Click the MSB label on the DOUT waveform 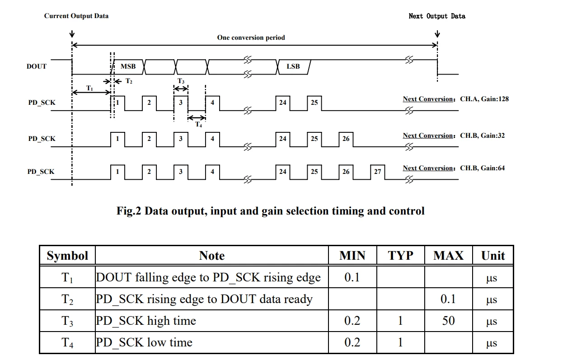[x=128, y=66]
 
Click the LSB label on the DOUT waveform [x=293, y=66]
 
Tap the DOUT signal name [x=37, y=66]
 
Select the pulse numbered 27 [x=377, y=172]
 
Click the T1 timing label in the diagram [x=89, y=88]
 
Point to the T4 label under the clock [x=199, y=124]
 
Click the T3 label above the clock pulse [x=181, y=81]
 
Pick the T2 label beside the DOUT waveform [x=129, y=81]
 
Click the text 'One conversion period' [x=251, y=37]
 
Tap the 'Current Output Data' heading [x=76, y=16]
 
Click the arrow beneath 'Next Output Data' [x=437, y=34]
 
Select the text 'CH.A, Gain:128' [x=484, y=99]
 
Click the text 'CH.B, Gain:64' [x=483, y=168]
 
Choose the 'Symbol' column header [x=67, y=256]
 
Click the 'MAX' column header [x=448, y=256]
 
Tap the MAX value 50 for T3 [x=448, y=321]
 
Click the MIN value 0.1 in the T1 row [x=352, y=277]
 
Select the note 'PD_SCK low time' [x=144, y=343]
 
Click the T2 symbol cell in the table [x=67, y=299]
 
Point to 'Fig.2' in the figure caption [x=129, y=211]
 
